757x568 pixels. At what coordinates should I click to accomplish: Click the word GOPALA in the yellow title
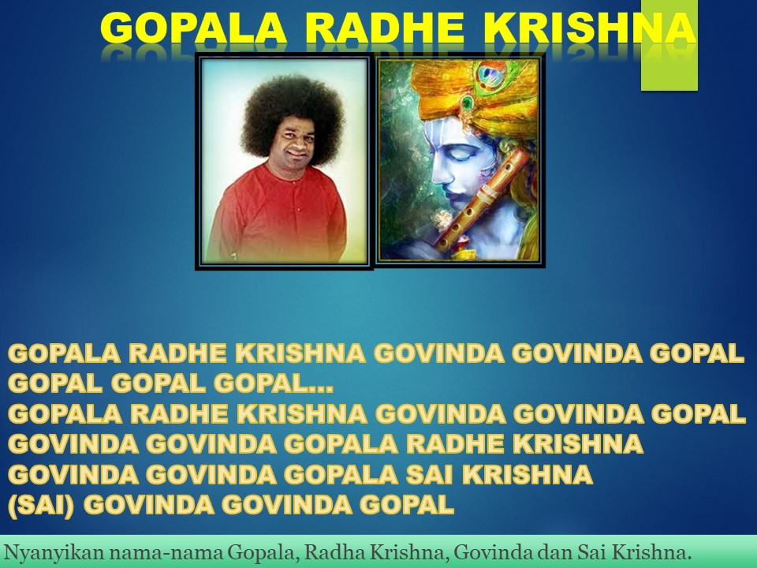[194, 28]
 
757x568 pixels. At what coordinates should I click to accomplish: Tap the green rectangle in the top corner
[669, 45]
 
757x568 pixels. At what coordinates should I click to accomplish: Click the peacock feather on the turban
[491, 77]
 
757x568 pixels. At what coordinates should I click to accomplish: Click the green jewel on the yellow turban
[467, 103]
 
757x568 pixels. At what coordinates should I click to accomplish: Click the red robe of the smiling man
[278, 215]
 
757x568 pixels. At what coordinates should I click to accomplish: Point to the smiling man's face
[294, 137]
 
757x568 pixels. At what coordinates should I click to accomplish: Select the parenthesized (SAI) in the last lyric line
[41, 505]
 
